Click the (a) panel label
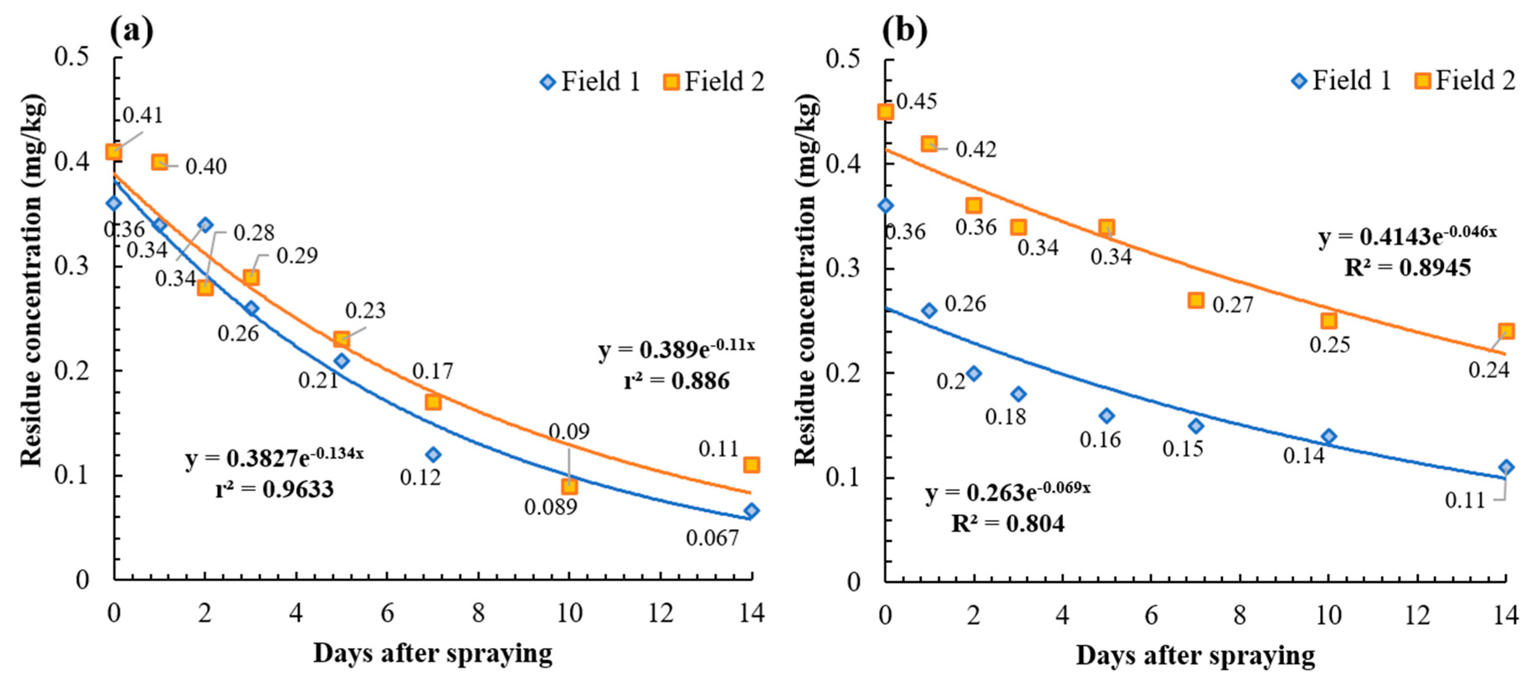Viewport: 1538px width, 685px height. click(131, 31)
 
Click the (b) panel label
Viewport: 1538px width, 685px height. click(905, 31)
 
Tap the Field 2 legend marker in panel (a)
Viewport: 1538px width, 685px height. click(672, 82)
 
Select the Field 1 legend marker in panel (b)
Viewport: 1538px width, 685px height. click(1299, 81)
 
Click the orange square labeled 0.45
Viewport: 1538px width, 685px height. click(885, 112)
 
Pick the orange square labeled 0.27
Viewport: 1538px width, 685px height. click(1195, 300)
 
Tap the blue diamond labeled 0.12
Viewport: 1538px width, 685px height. click(433, 454)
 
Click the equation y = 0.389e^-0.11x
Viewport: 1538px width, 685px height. click(677, 349)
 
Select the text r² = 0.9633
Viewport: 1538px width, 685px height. click(274, 490)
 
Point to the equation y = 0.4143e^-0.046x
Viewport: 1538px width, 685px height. click(1407, 236)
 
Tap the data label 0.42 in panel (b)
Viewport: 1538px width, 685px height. click(976, 149)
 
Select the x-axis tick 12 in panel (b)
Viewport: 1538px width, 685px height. click(1417, 615)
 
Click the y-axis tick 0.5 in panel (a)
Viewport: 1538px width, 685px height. click(71, 57)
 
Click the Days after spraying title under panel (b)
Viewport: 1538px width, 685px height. click(1195, 655)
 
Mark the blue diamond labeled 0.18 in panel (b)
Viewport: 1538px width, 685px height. click(1018, 394)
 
